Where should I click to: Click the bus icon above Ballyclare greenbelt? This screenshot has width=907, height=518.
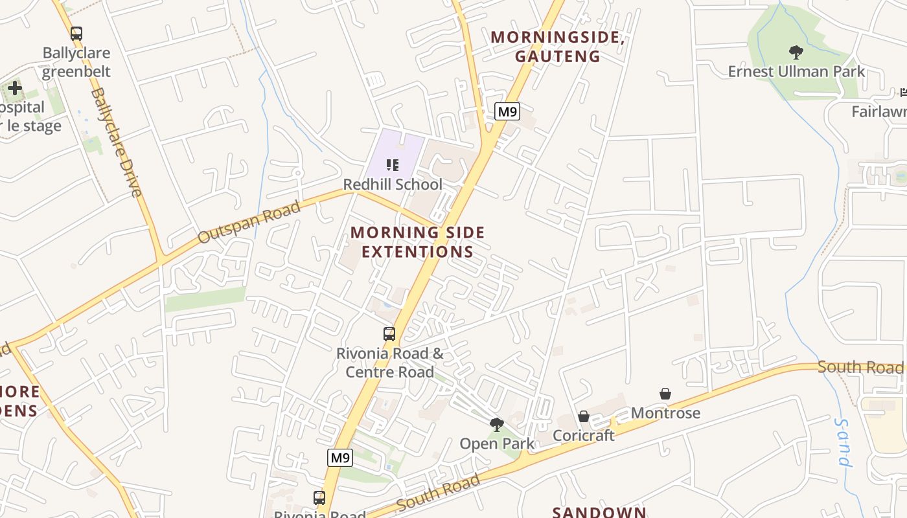(76, 34)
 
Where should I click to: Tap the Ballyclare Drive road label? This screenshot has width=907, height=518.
(116, 142)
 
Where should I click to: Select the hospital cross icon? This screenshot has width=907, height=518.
(14, 88)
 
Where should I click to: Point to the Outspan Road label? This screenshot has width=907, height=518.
(249, 221)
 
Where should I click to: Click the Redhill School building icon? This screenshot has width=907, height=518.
(392, 165)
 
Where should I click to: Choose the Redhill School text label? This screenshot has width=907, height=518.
(393, 185)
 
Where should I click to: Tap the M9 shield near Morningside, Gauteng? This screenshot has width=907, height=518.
(507, 111)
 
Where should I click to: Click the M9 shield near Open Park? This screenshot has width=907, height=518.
(340, 458)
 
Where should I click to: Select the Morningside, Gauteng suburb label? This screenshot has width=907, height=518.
(558, 47)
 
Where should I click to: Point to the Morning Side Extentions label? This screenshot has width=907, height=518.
(418, 242)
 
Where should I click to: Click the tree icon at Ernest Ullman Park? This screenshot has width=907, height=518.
(796, 52)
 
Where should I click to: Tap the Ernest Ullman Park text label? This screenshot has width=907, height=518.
(796, 71)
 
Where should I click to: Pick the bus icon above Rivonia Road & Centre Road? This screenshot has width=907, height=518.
(389, 334)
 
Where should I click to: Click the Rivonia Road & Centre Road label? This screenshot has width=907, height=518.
(390, 363)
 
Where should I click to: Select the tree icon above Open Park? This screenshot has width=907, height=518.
(497, 425)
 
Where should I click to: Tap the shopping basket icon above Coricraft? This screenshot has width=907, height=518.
(584, 416)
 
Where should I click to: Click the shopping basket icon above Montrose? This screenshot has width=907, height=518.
(665, 394)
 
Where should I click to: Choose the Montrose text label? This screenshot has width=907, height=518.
(665, 412)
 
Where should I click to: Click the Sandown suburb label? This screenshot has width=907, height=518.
(599, 512)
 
